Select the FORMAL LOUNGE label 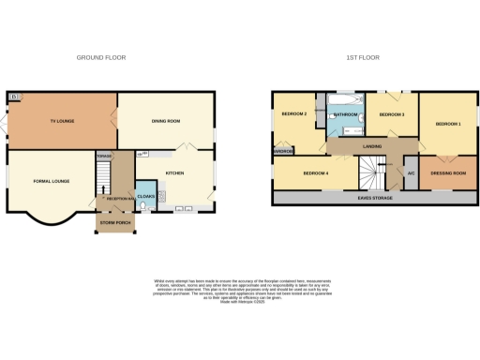pyautogui.click(x=52, y=180)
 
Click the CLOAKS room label pyautogui.click(x=145, y=196)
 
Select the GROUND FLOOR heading pyautogui.click(x=101, y=57)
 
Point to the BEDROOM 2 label pyautogui.click(x=294, y=114)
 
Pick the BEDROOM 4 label pyautogui.click(x=315, y=173)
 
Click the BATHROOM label pyautogui.click(x=346, y=115)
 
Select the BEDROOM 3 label pyautogui.click(x=391, y=114)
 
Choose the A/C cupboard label pyautogui.click(x=411, y=173)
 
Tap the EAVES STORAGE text pyautogui.click(x=370, y=198)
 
